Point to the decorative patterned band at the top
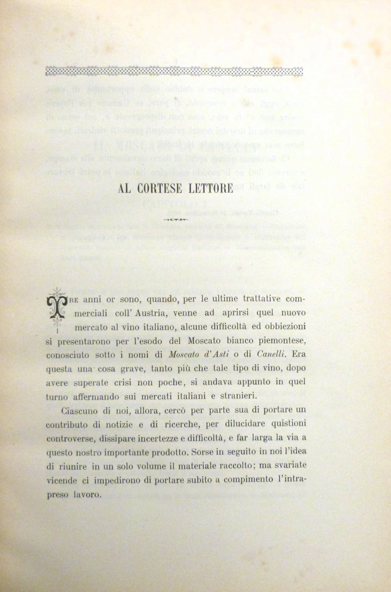[x=174, y=72]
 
